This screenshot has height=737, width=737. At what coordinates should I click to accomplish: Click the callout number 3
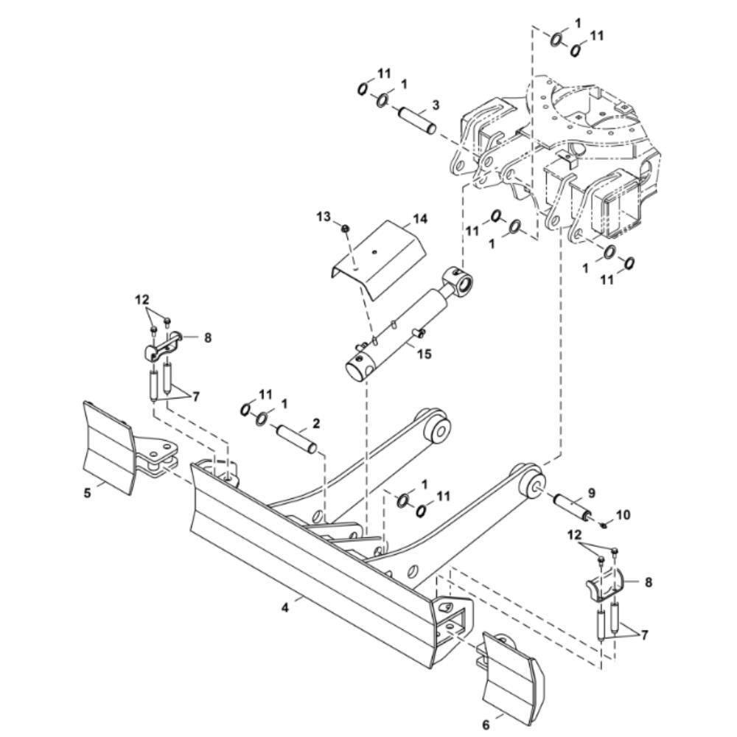coord(436,105)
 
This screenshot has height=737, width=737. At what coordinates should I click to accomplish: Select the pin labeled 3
coord(417,122)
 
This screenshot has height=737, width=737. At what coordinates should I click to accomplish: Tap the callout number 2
coord(316,423)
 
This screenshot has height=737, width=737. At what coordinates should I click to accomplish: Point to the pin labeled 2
coord(296,439)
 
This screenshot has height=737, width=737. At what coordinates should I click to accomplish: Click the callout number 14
coord(420,219)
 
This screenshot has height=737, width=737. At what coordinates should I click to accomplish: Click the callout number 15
coord(424,353)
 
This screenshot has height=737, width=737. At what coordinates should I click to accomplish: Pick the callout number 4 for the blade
coord(284,608)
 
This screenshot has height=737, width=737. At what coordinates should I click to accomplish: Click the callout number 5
coord(88,494)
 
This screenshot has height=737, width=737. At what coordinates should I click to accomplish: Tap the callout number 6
coord(486,725)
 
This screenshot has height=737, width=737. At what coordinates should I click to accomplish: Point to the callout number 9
coord(591,493)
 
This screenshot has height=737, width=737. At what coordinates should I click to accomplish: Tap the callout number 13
coord(324,217)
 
